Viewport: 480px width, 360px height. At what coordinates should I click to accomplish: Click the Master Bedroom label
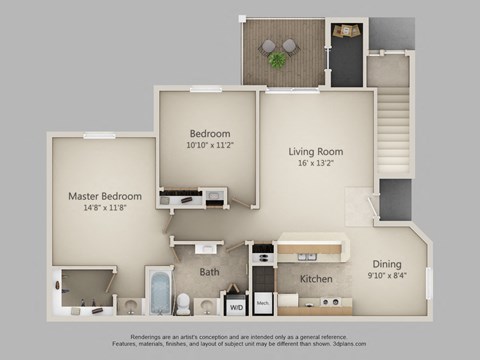[x=104, y=196]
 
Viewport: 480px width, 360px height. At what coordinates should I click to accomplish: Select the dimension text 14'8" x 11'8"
[x=104, y=209]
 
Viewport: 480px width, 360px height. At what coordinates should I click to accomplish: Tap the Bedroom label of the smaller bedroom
[x=210, y=134]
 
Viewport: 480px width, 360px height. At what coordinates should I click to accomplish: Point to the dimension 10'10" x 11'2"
[x=210, y=146]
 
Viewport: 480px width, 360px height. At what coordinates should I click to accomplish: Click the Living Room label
[x=316, y=152]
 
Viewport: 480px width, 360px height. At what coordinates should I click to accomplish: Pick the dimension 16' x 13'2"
[x=316, y=164]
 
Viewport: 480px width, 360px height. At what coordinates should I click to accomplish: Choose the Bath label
[x=209, y=271]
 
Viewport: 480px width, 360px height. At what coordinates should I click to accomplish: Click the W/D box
[x=235, y=307]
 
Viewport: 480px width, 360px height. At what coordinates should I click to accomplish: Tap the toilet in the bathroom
[x=183, y=303]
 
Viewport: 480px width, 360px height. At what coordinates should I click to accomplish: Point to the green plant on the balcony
[x=277, y=60]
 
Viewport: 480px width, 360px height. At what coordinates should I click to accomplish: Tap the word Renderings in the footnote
[x=139, y=336]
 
